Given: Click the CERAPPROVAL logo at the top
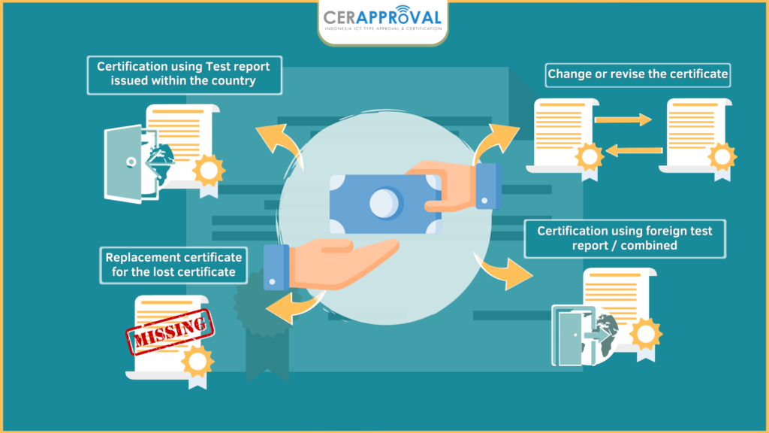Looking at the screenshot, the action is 382,20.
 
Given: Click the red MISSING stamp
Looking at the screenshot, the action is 170,332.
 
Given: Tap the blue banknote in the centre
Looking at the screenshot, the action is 385,204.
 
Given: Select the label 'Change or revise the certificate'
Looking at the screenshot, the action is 638,74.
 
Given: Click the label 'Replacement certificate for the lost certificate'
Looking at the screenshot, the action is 173,265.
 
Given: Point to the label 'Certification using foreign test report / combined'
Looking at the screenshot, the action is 625,238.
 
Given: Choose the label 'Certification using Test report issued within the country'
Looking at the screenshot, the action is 184,74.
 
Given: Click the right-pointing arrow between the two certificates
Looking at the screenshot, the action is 623,120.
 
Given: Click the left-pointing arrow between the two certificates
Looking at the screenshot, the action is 634,150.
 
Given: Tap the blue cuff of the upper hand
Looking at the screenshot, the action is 488,186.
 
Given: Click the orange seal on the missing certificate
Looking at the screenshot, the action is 198,362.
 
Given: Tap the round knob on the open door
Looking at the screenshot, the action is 131,162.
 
